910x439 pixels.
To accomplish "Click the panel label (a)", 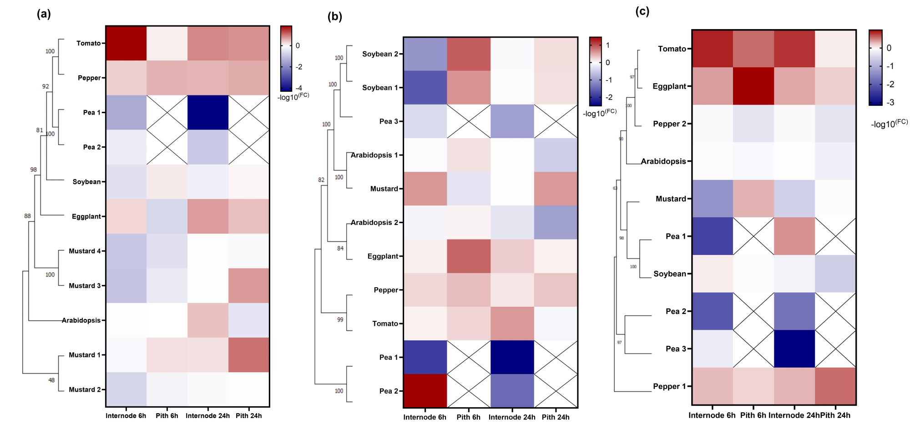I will (44, 14).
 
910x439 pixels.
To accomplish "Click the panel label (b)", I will (334, 17).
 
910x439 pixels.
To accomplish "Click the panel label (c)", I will (642, 11).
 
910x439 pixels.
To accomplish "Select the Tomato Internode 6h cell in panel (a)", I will (126, 43).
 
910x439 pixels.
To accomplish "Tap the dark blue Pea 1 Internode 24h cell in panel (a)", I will (208, 112).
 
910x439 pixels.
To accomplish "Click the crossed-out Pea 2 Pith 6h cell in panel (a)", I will (167, 147).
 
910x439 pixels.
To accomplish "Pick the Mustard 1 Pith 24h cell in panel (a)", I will (249, 355).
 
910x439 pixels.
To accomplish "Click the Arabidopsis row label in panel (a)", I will (81, 320).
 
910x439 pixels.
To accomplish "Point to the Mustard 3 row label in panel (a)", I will (85, 286).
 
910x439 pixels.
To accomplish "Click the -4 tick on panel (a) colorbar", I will (299, 88).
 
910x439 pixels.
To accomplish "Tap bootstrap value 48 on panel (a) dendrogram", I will (51, 380).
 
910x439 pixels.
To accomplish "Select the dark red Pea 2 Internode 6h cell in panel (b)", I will (425, 391).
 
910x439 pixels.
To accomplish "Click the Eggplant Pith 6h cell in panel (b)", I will (469, 256).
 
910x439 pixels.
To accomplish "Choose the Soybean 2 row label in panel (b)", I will (380, 54).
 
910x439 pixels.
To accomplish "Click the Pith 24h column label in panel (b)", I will (556, 417).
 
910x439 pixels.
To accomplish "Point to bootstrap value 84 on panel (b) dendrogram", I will (340, 249).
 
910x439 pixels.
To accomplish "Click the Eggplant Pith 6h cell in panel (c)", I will (753, 86).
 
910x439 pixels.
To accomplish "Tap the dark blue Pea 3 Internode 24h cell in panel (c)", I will (794, 349).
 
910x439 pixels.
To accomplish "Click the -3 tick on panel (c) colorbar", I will (890, 103).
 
